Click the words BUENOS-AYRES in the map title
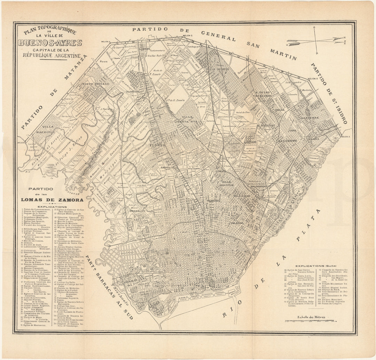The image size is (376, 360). [x=51, y=43]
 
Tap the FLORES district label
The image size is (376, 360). [x=156, y=145]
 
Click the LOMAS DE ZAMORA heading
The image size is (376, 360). [x=52, y=200]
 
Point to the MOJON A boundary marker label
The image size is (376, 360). [x=345, y=137]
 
